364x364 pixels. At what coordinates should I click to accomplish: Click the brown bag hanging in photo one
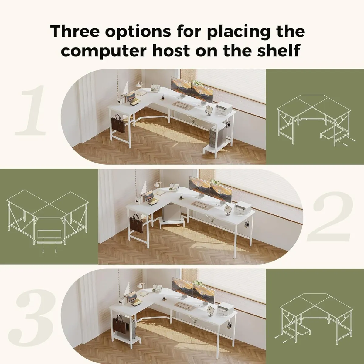119,124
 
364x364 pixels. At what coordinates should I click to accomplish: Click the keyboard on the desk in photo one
182,106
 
